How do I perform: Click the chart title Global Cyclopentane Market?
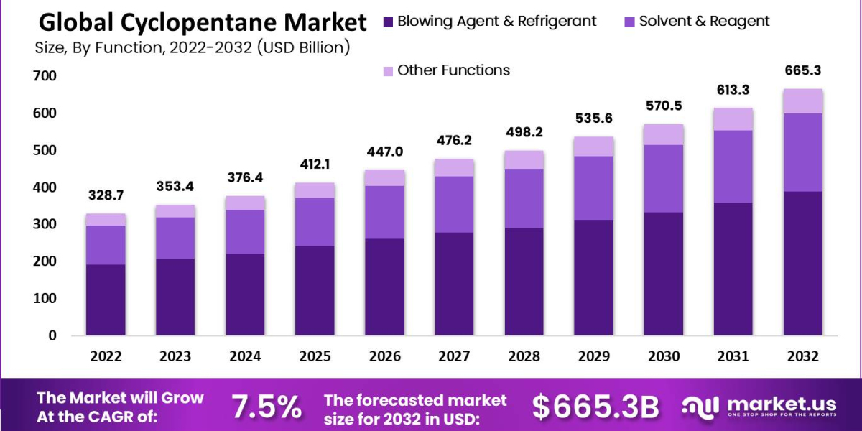click(x=202, y=23)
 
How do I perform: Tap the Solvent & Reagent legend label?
click(x=703, y=22)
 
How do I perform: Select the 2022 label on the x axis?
click(x=106, y=356)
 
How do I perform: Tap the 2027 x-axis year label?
click(x=455, y=356)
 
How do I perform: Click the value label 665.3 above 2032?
click(x=803, y=71)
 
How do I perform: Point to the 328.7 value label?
click(x=106, y=195)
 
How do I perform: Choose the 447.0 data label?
click(x=385, y=152)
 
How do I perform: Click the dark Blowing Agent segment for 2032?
click(x=803, y=263)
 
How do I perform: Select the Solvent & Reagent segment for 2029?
click(x=594, y=187)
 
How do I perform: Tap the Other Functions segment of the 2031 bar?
click(x=733, y=119)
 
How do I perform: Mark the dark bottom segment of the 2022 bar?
click(x=106, y=300)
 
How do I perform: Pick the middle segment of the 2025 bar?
click(x=315, y=221)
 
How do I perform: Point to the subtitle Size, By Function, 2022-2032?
click(x=193, y=49)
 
